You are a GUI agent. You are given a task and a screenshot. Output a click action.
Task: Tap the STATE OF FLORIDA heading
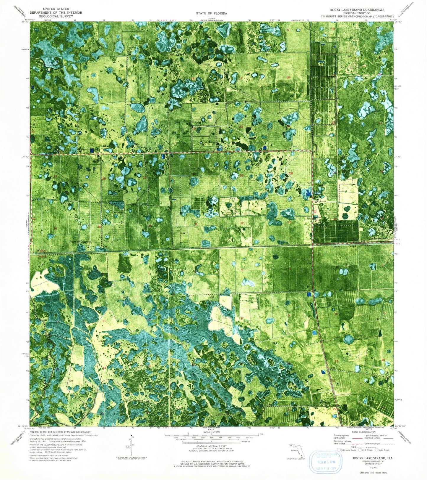tap(211, 13)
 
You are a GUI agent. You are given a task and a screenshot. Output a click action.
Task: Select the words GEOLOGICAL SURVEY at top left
tap(56, 17)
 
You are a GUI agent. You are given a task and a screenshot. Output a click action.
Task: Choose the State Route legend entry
tap(382, 450)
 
